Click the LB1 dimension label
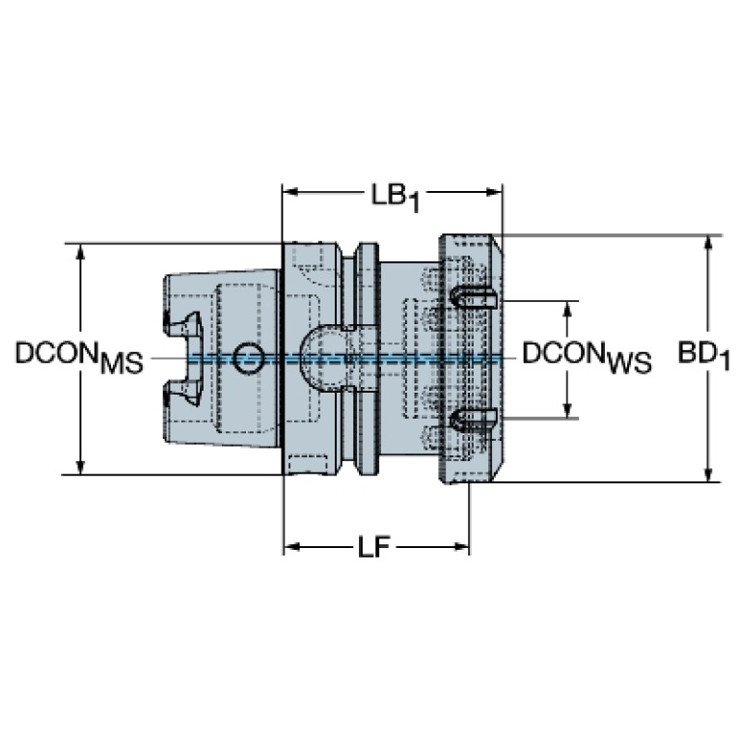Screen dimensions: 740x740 point(395,197)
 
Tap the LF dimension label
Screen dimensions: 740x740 point(373,547)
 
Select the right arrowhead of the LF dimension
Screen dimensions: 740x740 point(460,547)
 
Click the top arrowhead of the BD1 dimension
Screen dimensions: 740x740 point(707,243)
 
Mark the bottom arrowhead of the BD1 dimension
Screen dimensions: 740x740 point(707,474)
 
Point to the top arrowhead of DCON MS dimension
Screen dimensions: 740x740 point(81,253)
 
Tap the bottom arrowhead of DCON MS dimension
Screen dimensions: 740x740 point(81,466)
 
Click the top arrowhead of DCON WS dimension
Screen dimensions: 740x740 point(568,309)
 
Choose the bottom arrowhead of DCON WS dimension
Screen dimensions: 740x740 point(568,410)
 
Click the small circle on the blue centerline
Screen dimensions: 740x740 point(249,358)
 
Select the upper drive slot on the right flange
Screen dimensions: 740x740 point(473,298)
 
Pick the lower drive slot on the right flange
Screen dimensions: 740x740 point(473,420)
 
